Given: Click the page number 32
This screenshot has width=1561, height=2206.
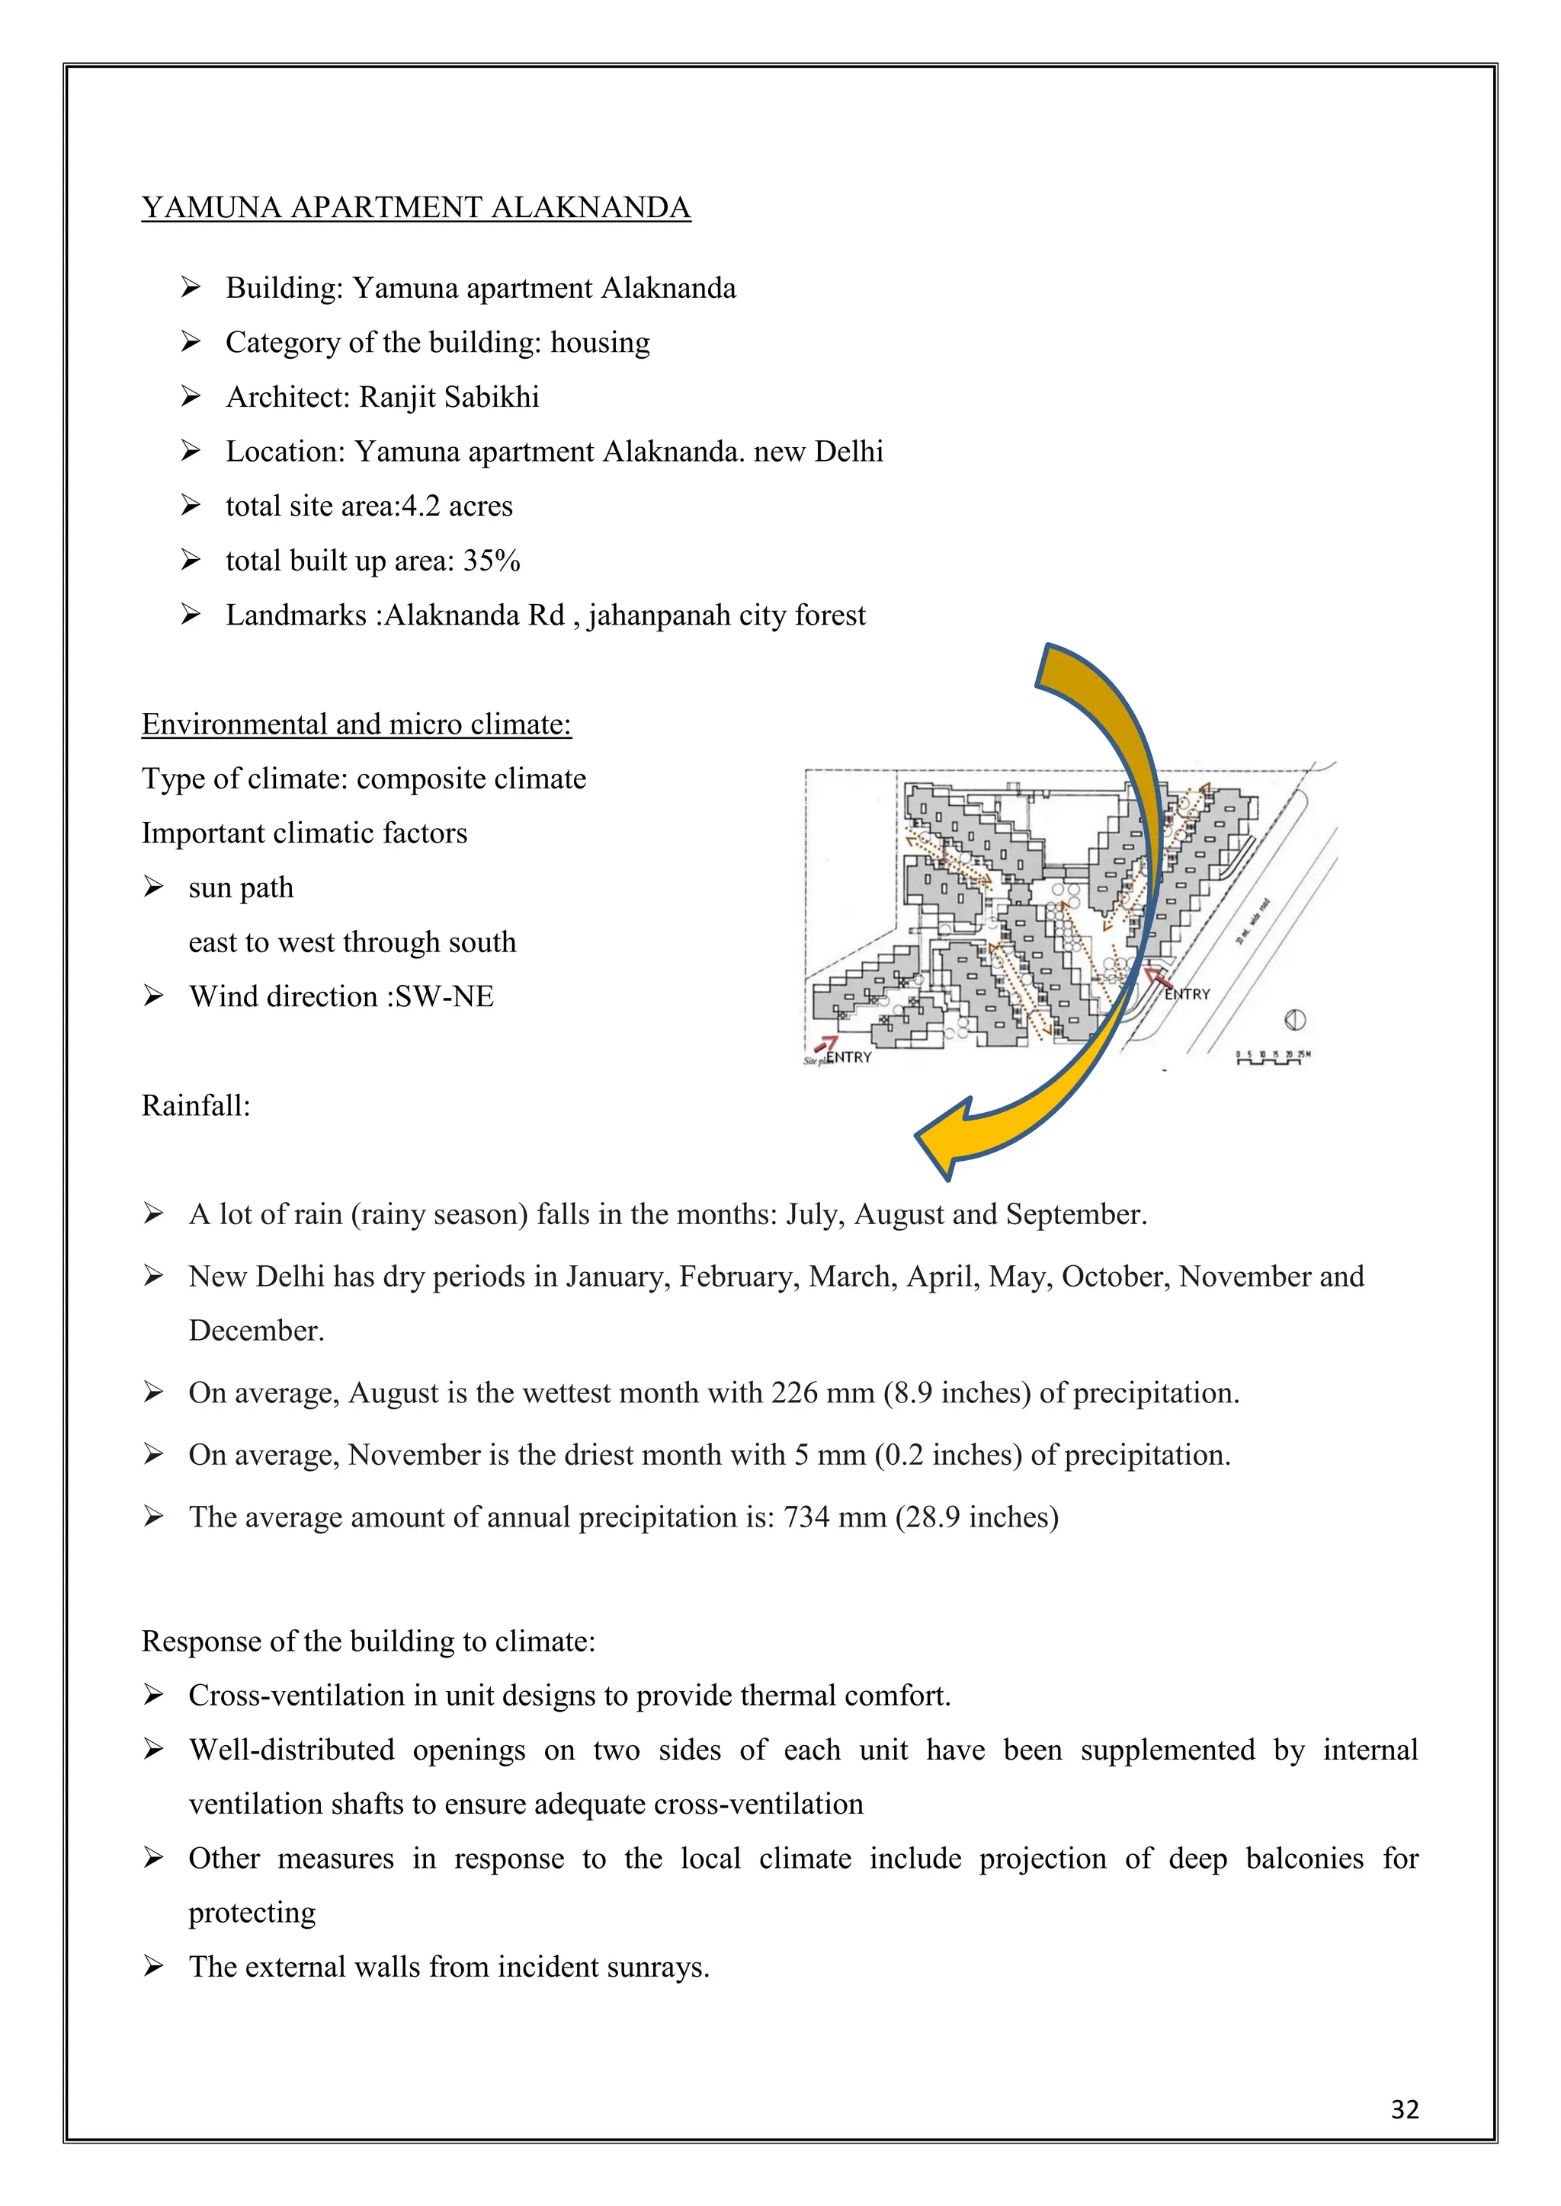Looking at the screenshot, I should pos(1404,2109).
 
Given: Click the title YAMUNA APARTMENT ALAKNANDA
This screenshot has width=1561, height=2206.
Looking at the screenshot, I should pos(416,207).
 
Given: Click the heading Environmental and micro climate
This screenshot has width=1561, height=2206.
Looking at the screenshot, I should pos(357,724).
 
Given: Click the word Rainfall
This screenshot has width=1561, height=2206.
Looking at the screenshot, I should pos(195,1106).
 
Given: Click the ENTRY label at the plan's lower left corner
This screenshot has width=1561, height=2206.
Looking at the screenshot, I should pos(849,1057).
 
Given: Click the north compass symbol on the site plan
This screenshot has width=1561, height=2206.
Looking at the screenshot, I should pos(1295,1021).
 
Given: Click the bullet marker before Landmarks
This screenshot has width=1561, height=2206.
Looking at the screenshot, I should pos(191,615).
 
